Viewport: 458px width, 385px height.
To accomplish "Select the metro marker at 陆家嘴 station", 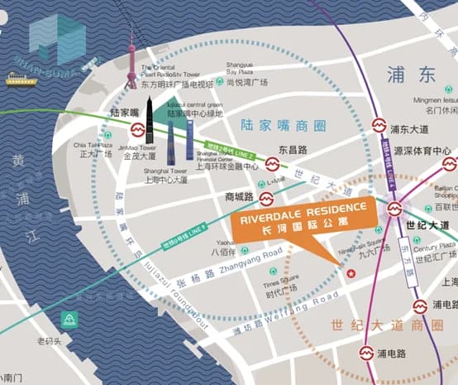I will (137, 131).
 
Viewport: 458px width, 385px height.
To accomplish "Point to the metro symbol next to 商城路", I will (267, 199).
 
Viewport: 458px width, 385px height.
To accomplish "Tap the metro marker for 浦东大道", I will (378, 128).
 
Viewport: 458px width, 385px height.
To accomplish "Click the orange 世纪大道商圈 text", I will (386, 326).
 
